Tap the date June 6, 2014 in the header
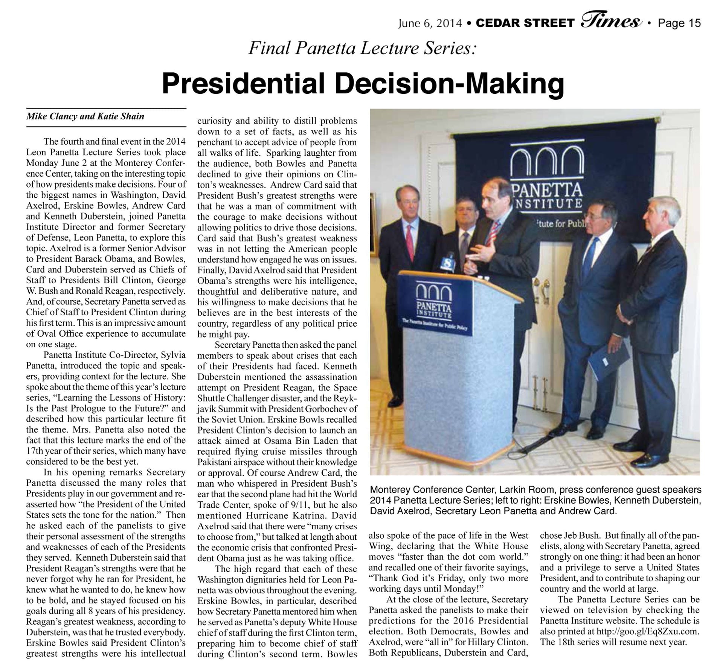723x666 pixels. [430, 23]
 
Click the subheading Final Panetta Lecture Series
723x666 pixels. [362, 49]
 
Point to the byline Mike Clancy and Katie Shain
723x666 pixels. [85, 116]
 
